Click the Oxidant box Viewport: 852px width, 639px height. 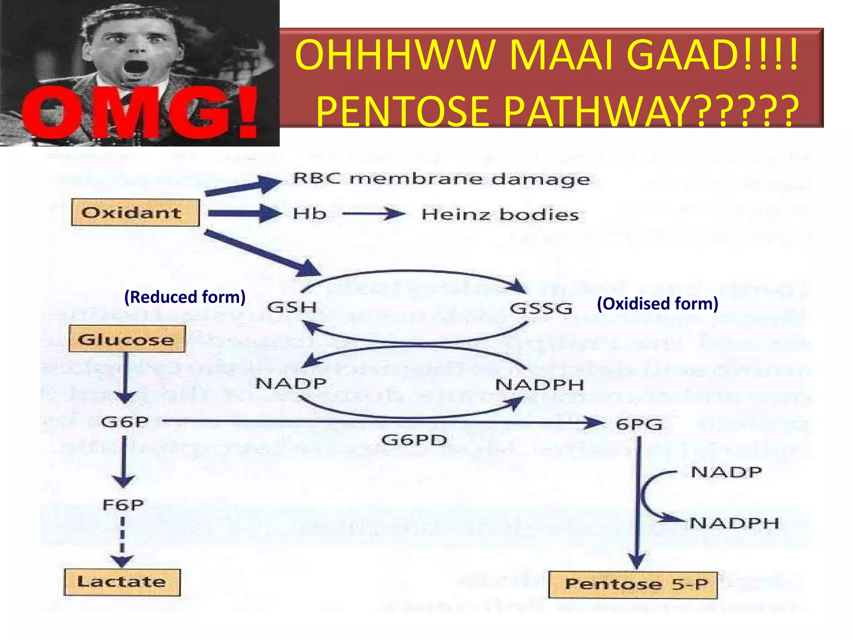tap(135, 213)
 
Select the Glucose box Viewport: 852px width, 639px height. tap(127, 339)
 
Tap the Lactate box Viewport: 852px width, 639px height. tap(122, 582)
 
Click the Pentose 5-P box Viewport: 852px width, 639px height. tap(633, 585)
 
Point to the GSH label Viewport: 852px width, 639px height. tap(292, 307)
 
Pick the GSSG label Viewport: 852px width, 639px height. tap(541, 309)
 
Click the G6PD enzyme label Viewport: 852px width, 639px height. tap(414, 440)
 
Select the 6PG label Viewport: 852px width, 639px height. tap(639, 425)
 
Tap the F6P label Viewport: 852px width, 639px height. tap(123, 505)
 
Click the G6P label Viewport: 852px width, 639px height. tap(124, 422)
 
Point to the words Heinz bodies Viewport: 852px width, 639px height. tap(500, 215)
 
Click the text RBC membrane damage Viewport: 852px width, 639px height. tap(441, 179)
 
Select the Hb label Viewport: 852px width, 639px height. tap(310, 214)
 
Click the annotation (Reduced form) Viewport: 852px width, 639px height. tap(185, 297)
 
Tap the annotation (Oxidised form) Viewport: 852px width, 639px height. tap(657, 304)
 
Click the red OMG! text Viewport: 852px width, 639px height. tap(139, 112)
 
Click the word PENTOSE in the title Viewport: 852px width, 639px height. tap(402, 111)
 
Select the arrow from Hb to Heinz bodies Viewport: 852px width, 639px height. tap(373, 214)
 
